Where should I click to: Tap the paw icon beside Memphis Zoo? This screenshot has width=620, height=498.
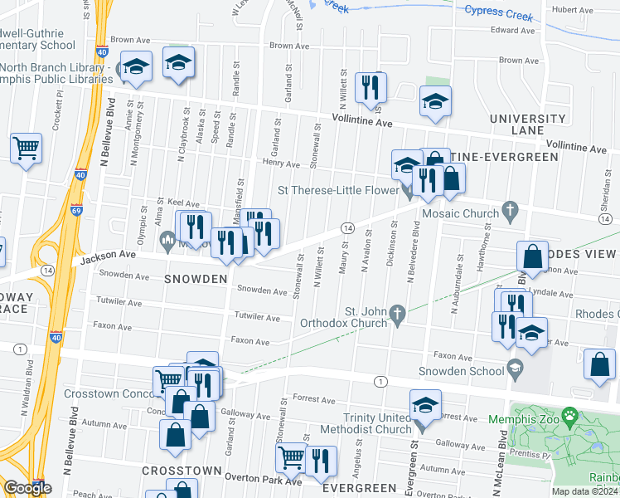coord(569,413)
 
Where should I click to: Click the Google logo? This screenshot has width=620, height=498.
coord(27,487)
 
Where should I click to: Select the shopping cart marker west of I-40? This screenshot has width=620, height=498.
coord(27,149)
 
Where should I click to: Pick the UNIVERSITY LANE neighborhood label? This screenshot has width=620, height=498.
coord(527,124)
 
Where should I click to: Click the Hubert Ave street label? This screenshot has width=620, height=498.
coord(574,10)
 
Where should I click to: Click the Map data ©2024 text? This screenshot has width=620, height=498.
coord(585,491)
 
